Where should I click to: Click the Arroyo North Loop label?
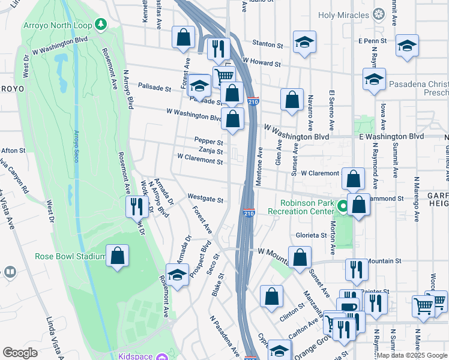click(x=58, y=25)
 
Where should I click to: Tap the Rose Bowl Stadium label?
click(x=70, y=256)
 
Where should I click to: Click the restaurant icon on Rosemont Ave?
click(x=137, y=208)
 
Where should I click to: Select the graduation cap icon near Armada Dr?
click(x=176, y=275)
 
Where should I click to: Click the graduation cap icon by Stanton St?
click(x=304, y=42)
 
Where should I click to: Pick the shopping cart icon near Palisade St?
click(x=224, y=76)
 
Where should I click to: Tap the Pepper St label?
click(x=208, y=142)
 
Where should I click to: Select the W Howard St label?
click(x=262, y=62)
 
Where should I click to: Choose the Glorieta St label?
click(x=311, y=235)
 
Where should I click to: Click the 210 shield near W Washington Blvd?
click(x=253, y=103)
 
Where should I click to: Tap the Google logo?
click(x=20, y=353)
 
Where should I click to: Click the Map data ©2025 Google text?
click(x=412, y=355)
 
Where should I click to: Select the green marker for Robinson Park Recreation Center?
click(x=342, y=207)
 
